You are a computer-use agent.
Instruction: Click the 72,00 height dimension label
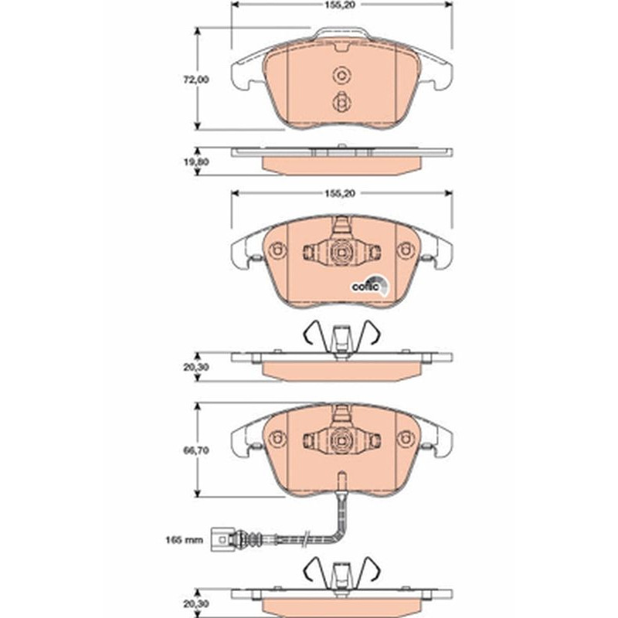pos(196,80)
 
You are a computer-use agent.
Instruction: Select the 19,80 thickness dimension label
pos(196,162)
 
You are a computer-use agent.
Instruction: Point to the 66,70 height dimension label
pos(196,450)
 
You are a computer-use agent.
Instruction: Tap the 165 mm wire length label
pos(184,539)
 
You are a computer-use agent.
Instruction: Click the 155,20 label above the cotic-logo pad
pos(340,194)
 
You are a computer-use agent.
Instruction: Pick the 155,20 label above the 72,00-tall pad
pos(340,5)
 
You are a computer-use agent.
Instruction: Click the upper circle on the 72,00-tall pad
pos(341,75)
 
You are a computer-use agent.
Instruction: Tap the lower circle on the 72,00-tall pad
pos(340,103)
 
